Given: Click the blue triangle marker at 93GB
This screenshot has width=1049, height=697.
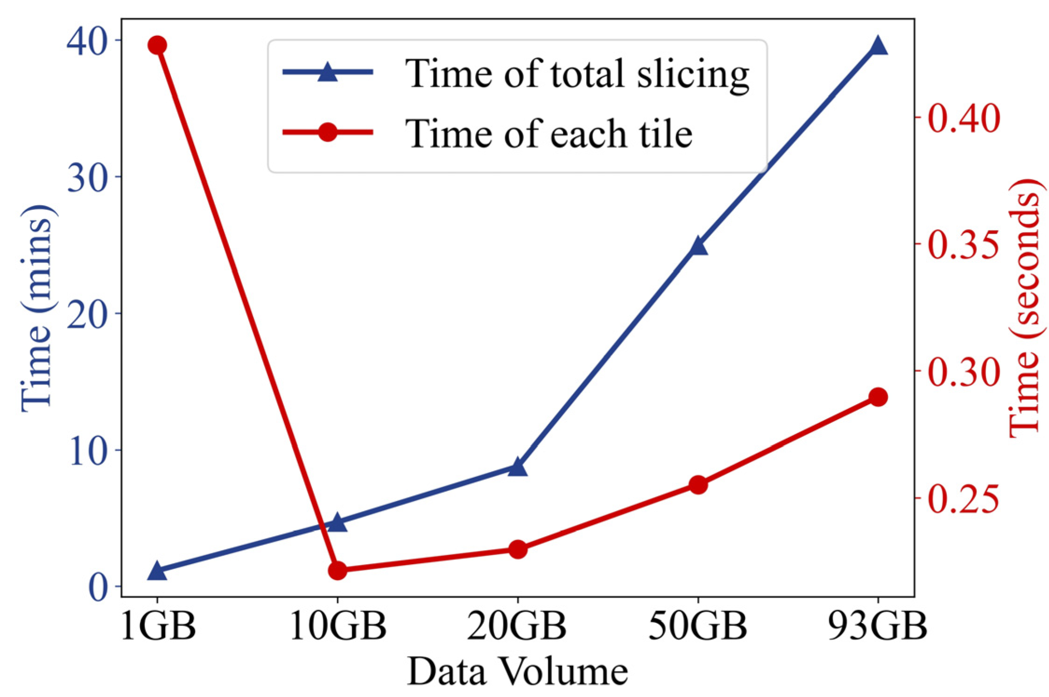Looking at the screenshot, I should [878, 47].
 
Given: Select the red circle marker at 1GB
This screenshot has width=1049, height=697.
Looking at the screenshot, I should [157, 45].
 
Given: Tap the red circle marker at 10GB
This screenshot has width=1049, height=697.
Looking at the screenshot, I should [337, 570].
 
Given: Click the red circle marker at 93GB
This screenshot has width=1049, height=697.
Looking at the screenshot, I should [878, 397].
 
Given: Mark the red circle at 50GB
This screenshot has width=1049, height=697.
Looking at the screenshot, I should [698, 485].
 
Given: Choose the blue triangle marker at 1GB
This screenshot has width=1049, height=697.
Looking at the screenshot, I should [157, 571].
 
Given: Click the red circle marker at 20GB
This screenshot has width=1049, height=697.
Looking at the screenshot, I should [518, 549].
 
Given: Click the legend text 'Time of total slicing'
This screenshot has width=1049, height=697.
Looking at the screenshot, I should [577, 74].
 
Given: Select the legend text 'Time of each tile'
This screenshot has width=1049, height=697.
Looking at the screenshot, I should [548, 134].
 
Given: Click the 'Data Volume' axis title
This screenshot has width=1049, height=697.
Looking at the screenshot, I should [518, 671].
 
